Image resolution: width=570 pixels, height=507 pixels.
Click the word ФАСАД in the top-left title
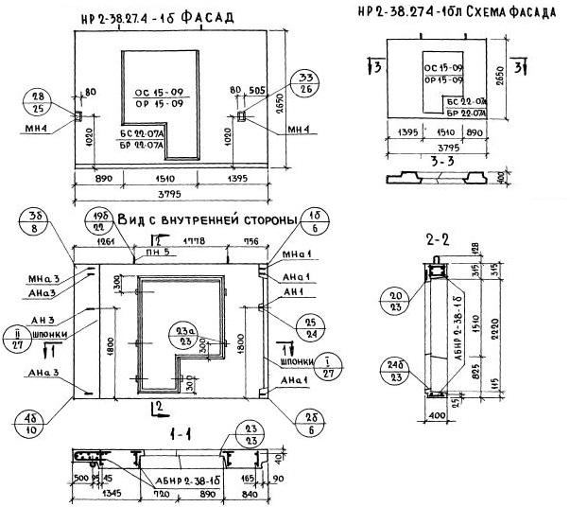coord(208,17)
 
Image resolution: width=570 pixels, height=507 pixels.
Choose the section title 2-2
coord(438,241)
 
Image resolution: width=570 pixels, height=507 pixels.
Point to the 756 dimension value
coord(250,241)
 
